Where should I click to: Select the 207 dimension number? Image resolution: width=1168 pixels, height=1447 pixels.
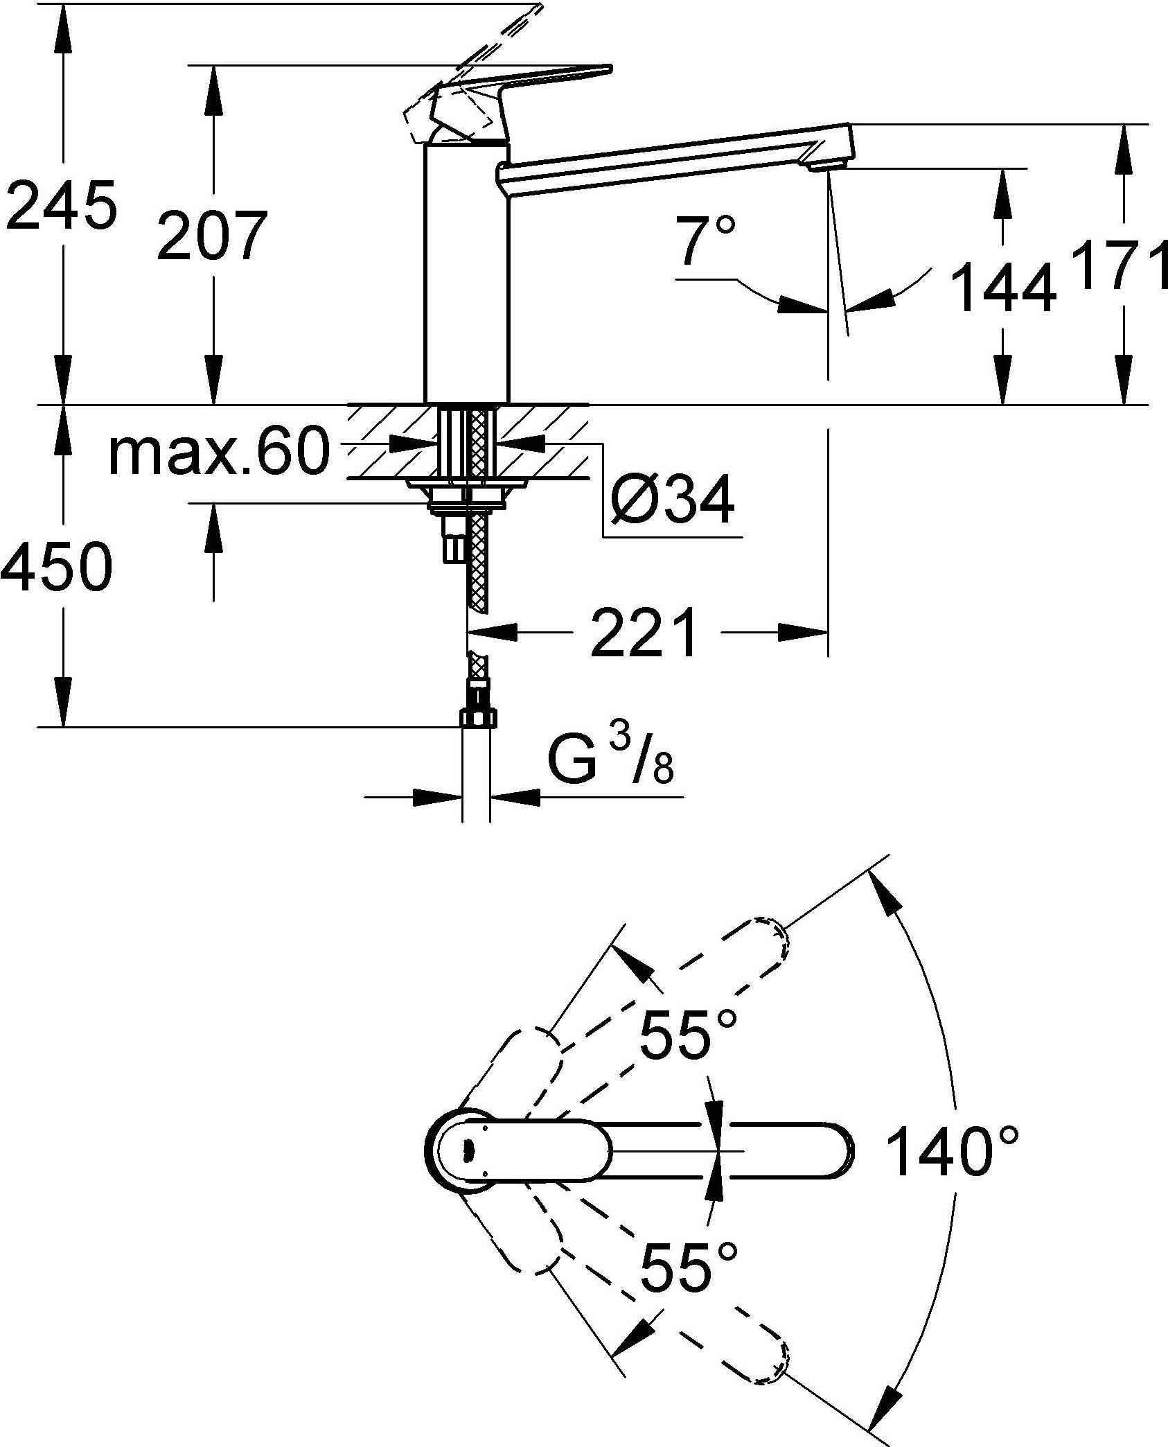211,236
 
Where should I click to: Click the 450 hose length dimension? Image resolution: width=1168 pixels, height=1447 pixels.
57,566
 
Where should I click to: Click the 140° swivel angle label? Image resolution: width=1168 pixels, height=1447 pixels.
953,1152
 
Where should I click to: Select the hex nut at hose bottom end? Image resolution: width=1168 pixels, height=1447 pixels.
478,717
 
